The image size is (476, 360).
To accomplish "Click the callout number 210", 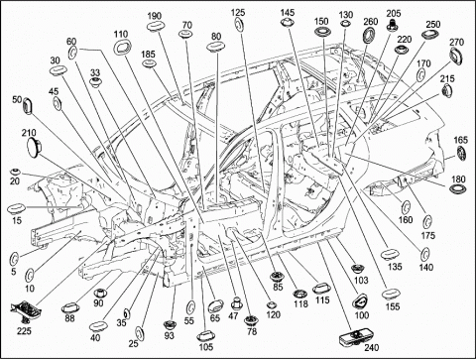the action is pyautogui.click(x=29, y=133).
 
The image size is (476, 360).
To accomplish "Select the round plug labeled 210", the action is pyautogui.click(x=34, y=147).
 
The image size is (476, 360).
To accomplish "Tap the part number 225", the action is pyautogui.click(x=24, y=330).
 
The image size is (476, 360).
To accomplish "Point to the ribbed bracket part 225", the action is pyautogui.click(x=26, y=309).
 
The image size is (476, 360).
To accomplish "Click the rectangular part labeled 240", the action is pyautogui.click(x=354, y=337).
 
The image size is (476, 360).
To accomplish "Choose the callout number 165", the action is pyautogui.click(x=460, y=140).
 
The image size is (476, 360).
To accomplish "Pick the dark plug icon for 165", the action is pyautogui.click(x=461, y=153).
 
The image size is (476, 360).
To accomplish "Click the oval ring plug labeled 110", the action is pyautogui.click(x=122, y=47).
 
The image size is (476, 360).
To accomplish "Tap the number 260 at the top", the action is pyautogui.click(x=371, y=22).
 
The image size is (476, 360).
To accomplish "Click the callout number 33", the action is pyautogui.click(x=95, y=72).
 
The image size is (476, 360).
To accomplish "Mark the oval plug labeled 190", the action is pyautogui.click(x=154, y=27).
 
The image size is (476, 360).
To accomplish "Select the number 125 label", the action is pyautogui.click(x=238, y=13).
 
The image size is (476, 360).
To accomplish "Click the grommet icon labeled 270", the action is pyautogui.click(x=456, y=57).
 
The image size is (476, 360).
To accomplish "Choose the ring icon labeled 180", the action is pyautogui.click(x=458, y=189).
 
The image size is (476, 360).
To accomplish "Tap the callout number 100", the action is pyautogui.click(x=362, y=314).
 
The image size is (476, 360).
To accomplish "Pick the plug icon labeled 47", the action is pyautogui.click(x=236, y=302).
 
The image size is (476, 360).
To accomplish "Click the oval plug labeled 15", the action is pyautogui.click(x=16, y=209).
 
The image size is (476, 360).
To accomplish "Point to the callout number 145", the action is pyautogui.click(x=288, y=13).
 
